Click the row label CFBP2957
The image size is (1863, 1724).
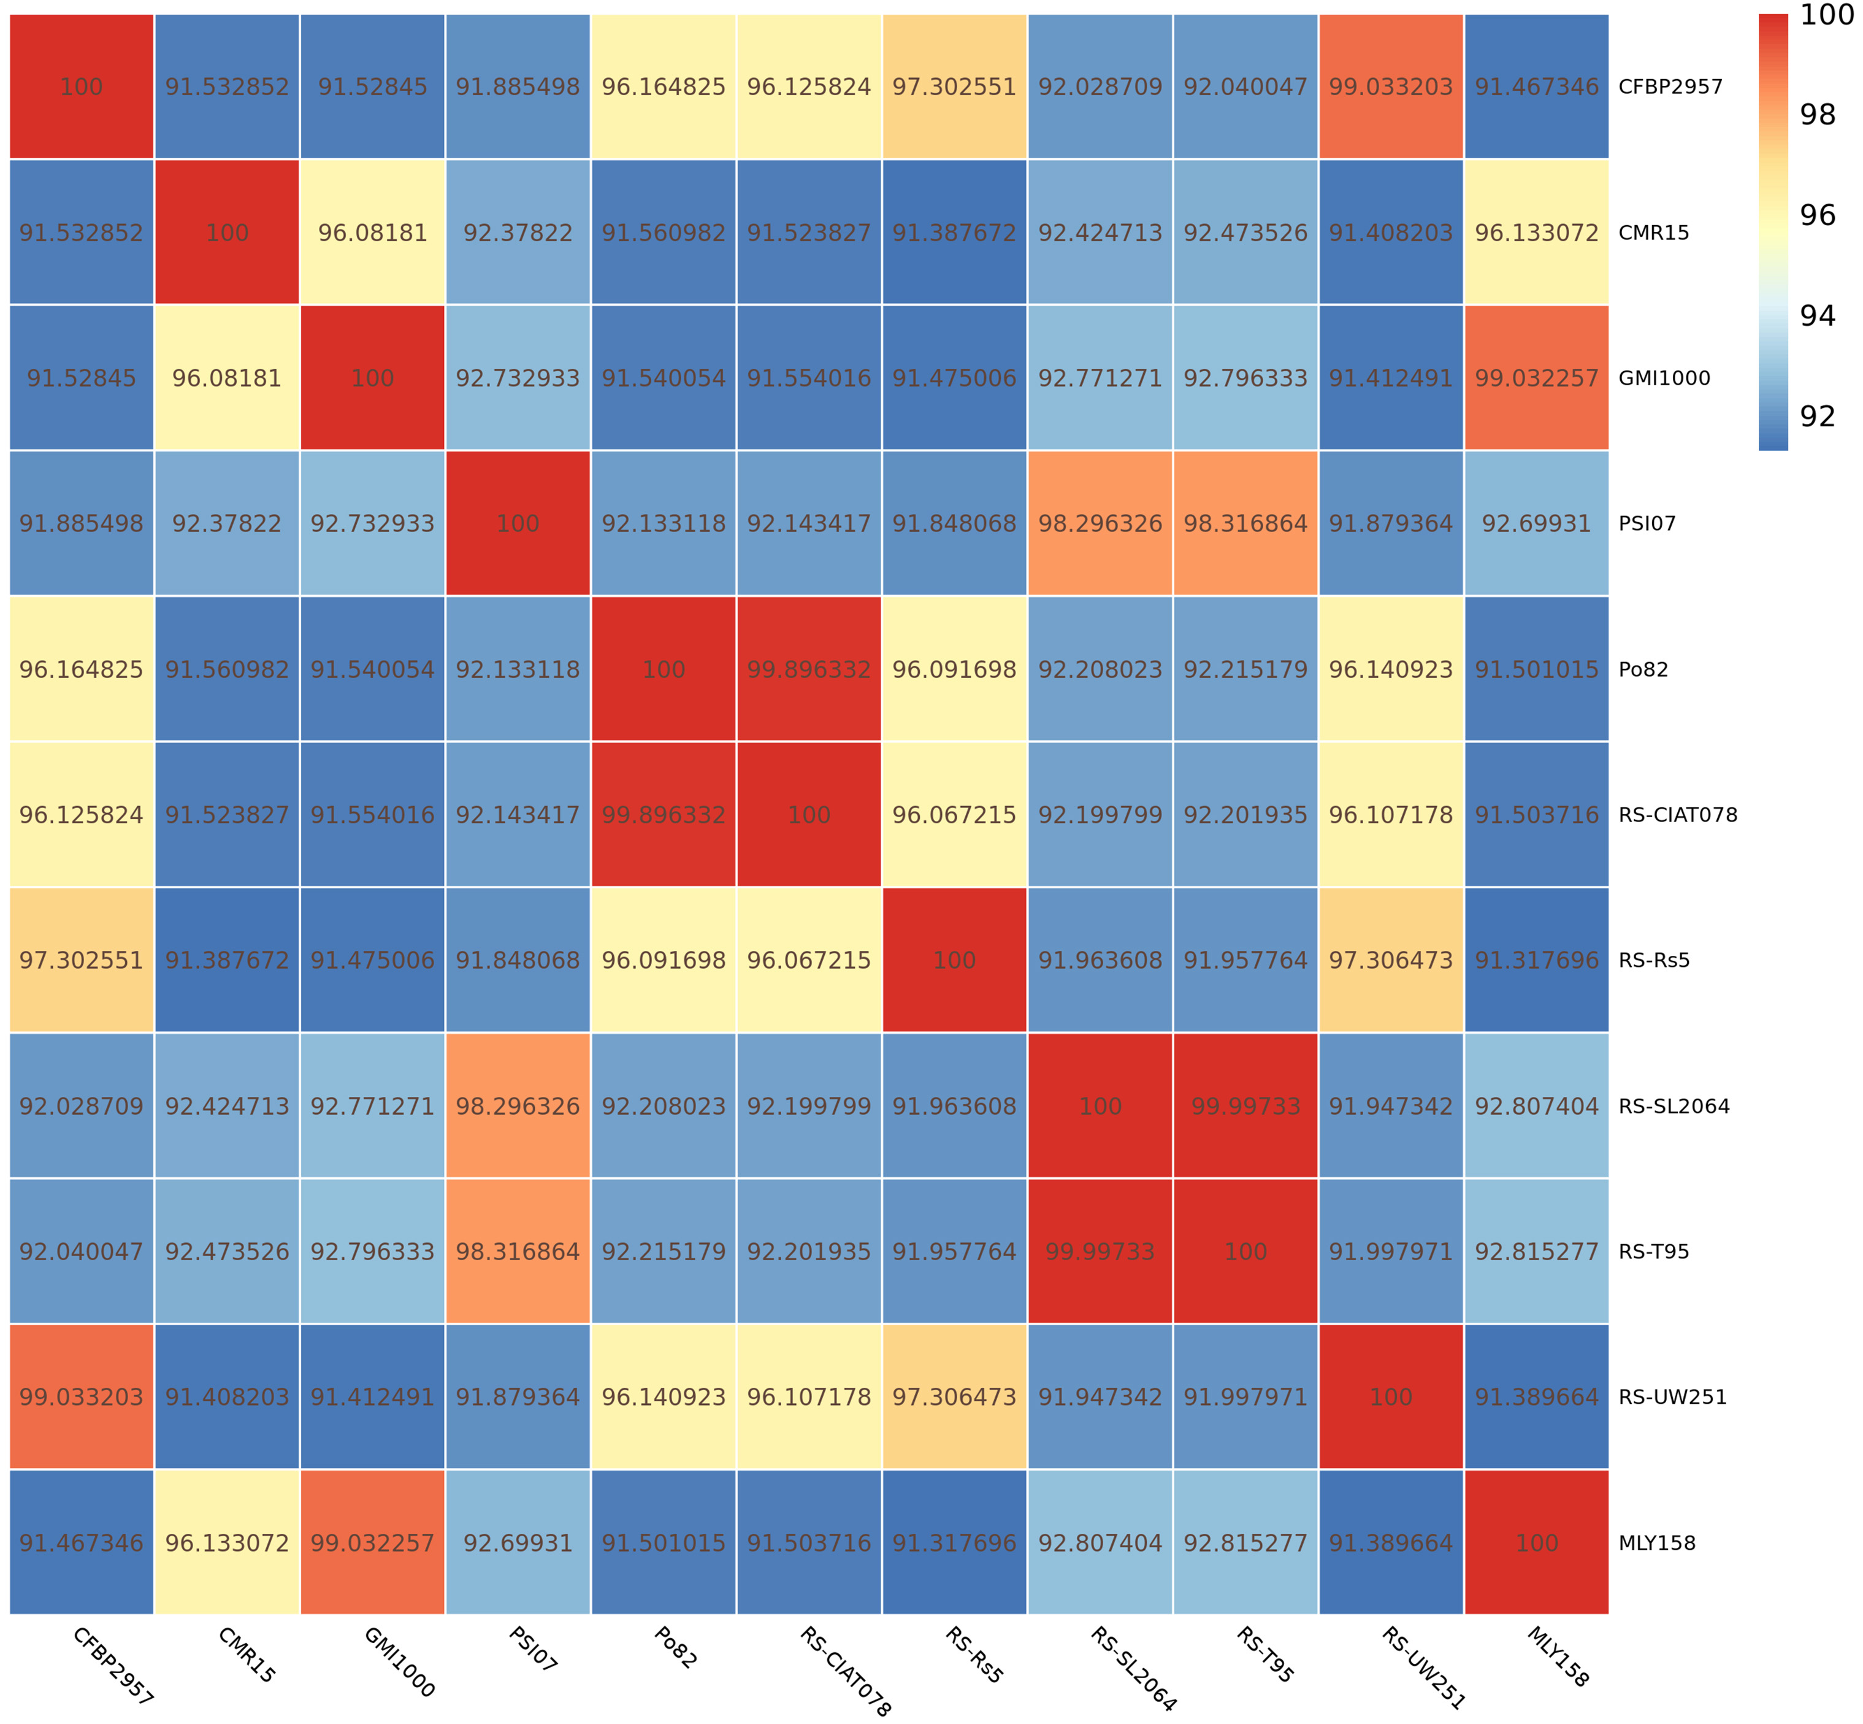pos(1670,87)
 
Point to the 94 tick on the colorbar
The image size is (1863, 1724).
pos(1816,316)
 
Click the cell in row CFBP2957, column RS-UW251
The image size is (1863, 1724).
pos(1390,87)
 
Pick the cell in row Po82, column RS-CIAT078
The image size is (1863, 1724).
pos(808,669)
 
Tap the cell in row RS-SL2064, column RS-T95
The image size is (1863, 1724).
pos(1245,1106)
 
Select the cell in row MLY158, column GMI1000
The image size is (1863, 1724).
pos(372,1542)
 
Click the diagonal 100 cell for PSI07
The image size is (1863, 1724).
pos(518,523)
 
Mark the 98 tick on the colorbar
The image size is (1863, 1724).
pos(1816,115)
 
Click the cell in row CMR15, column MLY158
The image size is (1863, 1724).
pos(1536,233)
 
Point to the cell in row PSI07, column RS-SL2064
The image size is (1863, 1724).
pos(1100,523)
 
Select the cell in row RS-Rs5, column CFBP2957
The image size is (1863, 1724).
pos(81,960)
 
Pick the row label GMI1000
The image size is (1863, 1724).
pos(1664,378)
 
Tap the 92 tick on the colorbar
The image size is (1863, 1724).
pos(1816,416)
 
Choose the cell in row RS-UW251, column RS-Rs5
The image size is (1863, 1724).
pos(954,1396)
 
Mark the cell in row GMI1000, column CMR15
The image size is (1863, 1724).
pos(226,378)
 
